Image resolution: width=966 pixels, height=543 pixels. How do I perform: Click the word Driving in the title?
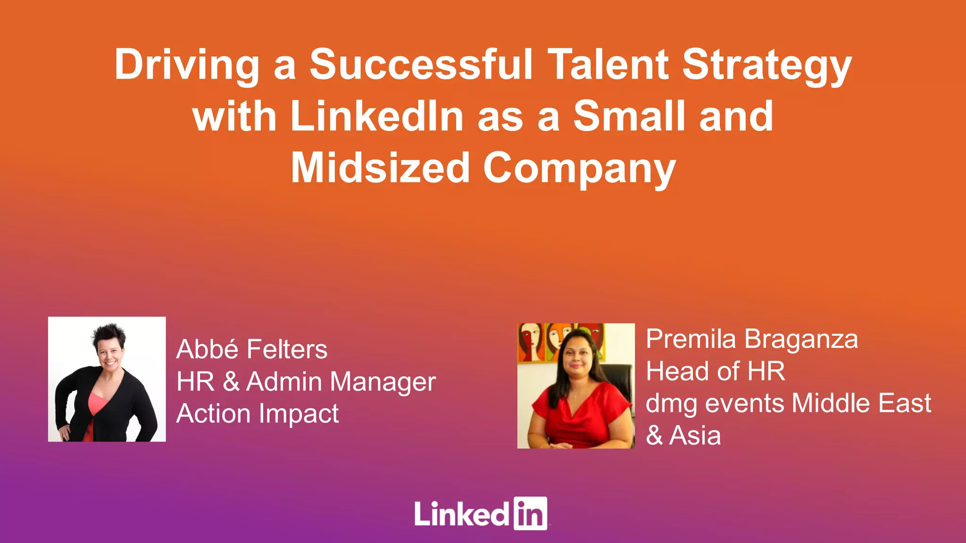(x=187, y=65)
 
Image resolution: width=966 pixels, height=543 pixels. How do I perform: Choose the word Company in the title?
(x=579, y=169)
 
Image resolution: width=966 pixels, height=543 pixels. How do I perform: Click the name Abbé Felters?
(x=252, y=349)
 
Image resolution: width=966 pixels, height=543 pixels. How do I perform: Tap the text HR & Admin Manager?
(x=306, y=381)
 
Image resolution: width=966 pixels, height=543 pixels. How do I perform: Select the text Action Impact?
(x=258, y=414)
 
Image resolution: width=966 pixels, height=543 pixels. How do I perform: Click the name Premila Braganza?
(x=751, y=339)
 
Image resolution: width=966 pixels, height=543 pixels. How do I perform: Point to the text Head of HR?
(x=715, y=371)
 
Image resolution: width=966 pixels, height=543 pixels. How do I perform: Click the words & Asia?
(x=683, y=436)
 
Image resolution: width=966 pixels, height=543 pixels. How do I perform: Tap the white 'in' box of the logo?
(x=530, y=513)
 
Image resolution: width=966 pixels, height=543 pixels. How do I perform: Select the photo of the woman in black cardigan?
(x=107, y=379)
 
